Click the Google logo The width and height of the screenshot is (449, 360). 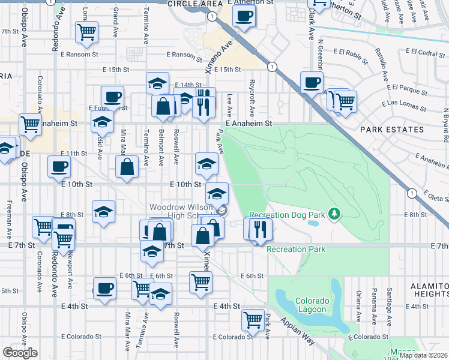coord(20,353)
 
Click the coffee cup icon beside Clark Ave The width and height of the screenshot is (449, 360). coord(311,82)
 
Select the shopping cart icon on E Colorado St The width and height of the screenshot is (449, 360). coord(253,319)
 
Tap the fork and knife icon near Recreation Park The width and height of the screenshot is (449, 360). coord(259,228)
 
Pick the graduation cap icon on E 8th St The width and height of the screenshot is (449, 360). coord(103,211)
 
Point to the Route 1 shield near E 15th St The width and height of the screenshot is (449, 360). coord(273,67)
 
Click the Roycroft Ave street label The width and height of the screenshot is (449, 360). coord(253,98)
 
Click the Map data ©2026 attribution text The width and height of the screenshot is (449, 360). coord(423,355)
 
